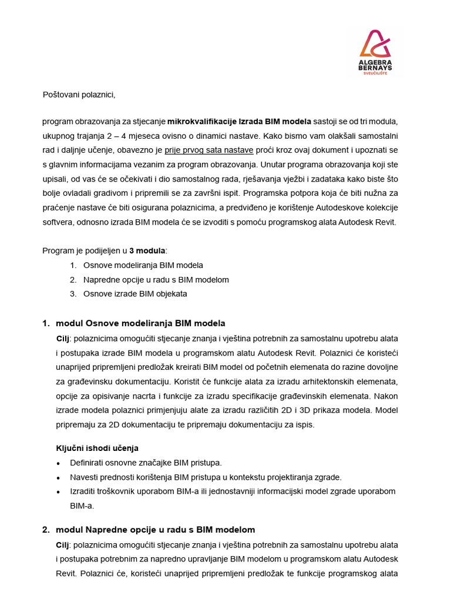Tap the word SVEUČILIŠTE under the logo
coord(375,74)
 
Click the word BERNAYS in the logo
coord(375,68)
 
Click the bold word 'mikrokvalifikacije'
coord(203,122)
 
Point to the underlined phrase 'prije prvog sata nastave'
coord(208,150)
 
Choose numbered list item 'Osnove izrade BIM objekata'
coord(135,294)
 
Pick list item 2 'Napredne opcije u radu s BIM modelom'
coord(156,280)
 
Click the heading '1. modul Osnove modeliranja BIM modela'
coord(134,323)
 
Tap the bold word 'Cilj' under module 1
coord(62,339)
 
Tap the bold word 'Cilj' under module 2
coord(62,545)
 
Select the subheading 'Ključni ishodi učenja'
coord(97,448)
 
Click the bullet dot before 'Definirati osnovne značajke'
coord(58,463)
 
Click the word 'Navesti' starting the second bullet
coord(84,477)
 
